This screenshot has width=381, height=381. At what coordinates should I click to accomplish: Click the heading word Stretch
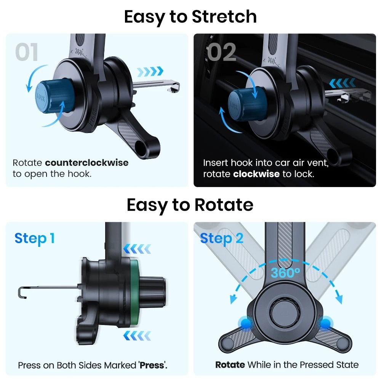click(x=224, y=17)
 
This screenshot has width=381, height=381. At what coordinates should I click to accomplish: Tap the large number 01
click(x=27, y=52)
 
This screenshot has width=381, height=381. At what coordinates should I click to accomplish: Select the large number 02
click(x=222, y=52)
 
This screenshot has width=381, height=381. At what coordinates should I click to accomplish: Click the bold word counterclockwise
click(x=86, y=163)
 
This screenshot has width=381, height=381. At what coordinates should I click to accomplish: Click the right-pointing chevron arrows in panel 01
click(x=150, y=71)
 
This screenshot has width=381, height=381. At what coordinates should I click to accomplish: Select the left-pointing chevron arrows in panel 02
click(x=342, y=83)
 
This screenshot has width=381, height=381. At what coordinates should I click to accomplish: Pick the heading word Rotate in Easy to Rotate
click(x=224, y=205)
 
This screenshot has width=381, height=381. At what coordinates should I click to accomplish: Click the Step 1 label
click(x=34, y=239)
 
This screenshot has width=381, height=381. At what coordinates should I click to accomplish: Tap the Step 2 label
click(x=221, y=239)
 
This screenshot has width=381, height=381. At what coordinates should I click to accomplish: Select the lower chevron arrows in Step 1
click(x=137, y=336)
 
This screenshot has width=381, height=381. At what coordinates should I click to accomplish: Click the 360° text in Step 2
click(x=285, y=273)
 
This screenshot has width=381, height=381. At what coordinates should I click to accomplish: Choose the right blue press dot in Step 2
click(x=325, y=324)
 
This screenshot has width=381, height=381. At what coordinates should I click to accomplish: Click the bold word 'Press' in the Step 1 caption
click(x=152, y=365)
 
